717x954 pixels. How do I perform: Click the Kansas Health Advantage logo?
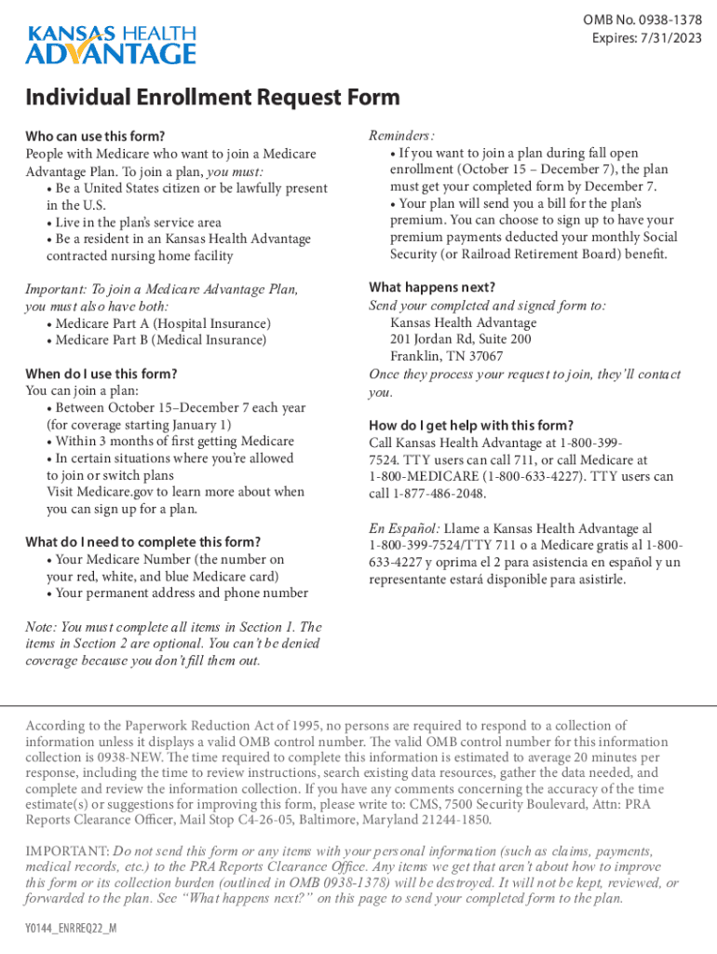[111, 45]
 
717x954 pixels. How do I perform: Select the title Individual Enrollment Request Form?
[212, 98]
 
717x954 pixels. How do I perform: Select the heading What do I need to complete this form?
[142, 542]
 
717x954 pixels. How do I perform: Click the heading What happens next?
[432, 287]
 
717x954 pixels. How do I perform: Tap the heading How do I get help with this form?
[471, 426]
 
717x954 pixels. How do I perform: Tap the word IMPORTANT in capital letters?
[67, 852]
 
